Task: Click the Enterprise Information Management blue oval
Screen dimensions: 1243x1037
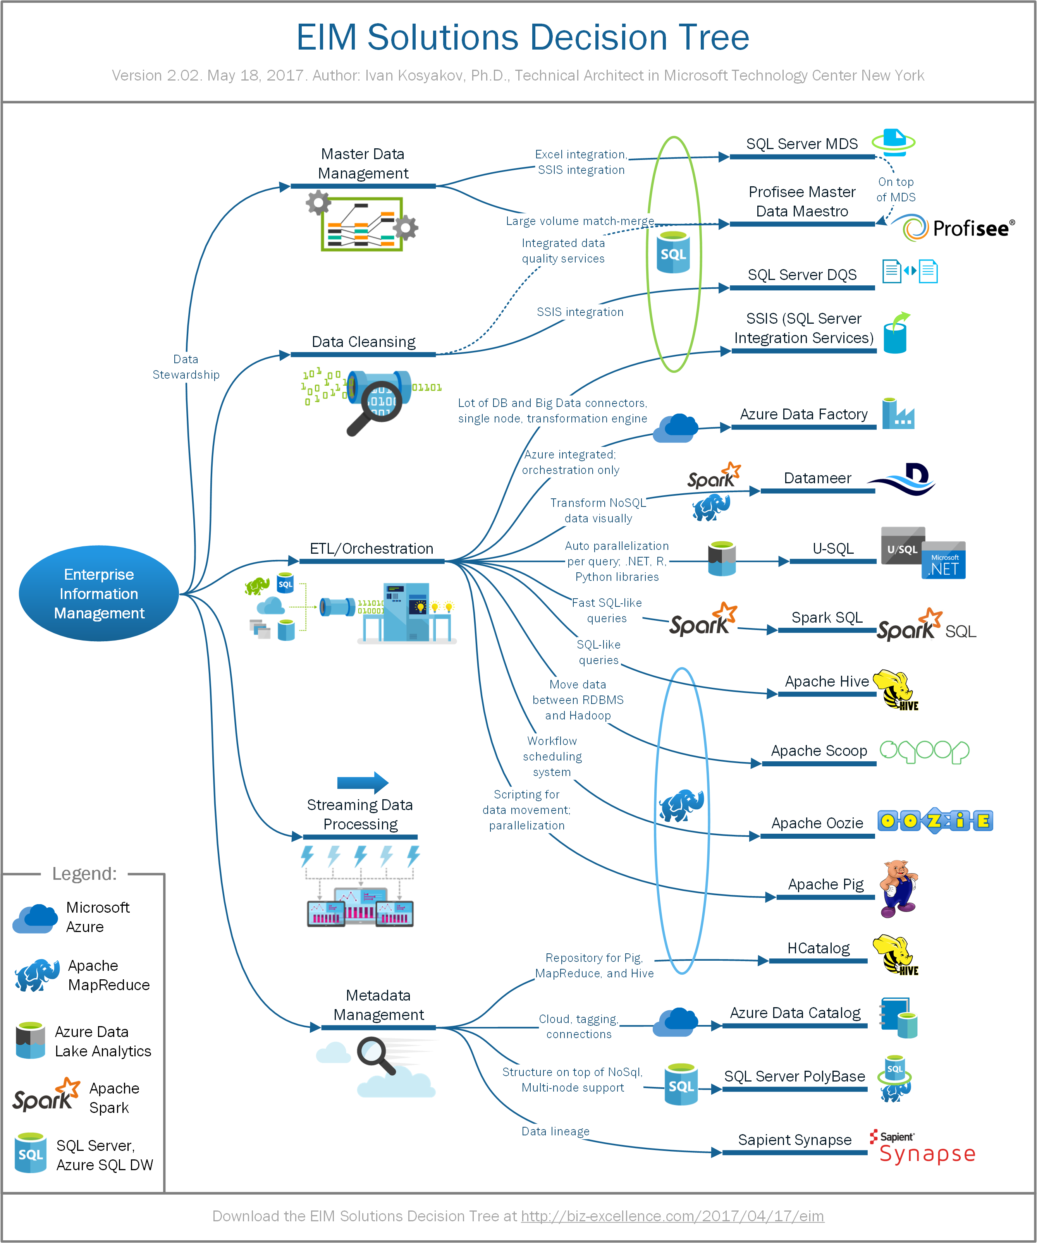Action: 99,593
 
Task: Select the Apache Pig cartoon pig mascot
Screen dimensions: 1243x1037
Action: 897,888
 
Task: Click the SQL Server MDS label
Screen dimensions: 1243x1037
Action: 801,144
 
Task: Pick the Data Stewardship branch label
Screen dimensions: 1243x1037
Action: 186,367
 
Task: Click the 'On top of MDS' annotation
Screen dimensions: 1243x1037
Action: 896,189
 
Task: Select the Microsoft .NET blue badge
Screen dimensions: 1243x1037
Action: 943,561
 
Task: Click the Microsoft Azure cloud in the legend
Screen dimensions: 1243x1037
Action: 36,919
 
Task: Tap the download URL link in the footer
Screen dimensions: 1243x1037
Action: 672,1216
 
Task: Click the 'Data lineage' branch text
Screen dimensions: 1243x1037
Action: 555,1131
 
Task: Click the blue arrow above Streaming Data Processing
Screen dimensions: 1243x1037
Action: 363,783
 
